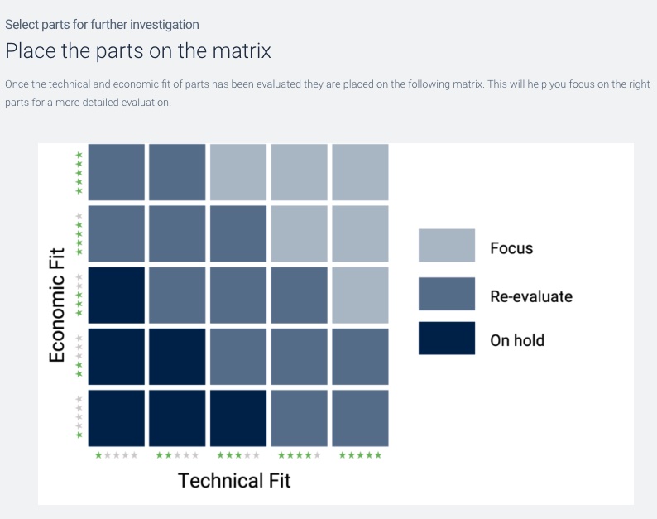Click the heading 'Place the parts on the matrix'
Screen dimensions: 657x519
(x=138, y=51)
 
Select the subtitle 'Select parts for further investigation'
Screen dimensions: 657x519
(x=102, y=25)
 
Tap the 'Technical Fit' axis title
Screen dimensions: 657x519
(x=234, y=480)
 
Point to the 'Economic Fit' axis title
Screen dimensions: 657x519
(x=57, y=305)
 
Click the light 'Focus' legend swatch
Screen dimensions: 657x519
(x=447, y=245)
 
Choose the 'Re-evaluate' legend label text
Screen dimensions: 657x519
(x=531, y=296)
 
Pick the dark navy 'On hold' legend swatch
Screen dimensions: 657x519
(x=447, y=339)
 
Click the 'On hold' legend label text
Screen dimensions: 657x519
(x=517, y=340)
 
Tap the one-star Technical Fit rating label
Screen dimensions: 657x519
(x=116, y=455)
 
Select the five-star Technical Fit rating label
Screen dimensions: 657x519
(x=360, y=455)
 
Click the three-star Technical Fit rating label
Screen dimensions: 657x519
(x=238, y=455)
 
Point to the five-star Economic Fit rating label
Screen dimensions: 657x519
(x=79, y=173)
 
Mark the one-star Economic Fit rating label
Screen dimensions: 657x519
(x=79, y=417)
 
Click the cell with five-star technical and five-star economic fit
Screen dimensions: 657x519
(x=360, y=172)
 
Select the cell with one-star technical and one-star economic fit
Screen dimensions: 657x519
(x=116, y=418)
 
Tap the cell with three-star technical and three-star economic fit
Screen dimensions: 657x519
(x=238, y=296)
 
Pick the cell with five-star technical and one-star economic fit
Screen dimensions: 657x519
(x=360, y=418)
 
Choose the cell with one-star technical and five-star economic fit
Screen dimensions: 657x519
(x=116, y=172)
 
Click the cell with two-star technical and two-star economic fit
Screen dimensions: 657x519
(x=177, y=356)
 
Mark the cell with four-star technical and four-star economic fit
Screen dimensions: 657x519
(x=300, y=233)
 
